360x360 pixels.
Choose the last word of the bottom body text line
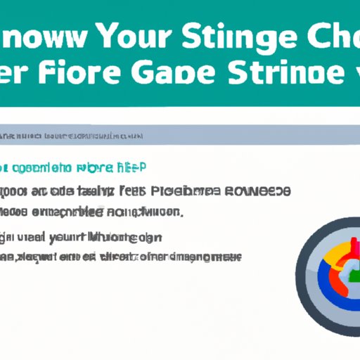[210, 258]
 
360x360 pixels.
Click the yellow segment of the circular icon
[328, 248]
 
